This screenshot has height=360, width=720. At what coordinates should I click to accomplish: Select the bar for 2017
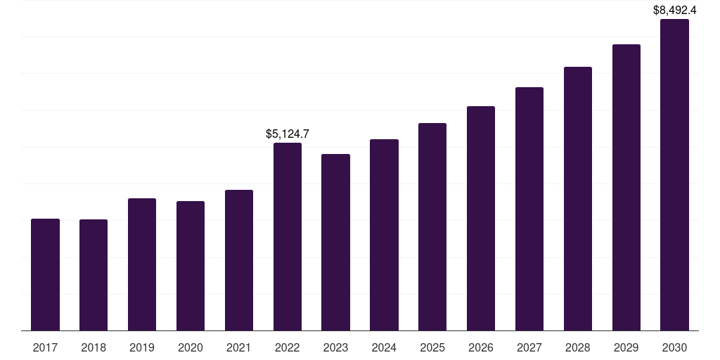(45, 275)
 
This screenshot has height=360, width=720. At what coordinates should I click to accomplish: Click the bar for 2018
(94, 275)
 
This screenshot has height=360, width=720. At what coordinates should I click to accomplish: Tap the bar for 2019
(142, 264)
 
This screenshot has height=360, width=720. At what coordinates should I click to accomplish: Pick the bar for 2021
(239, 260)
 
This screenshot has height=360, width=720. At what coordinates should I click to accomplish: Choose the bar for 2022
(288, 237)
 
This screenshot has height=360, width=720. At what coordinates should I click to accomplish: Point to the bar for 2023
(335, 243)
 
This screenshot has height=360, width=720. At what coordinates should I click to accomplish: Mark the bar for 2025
(432, 227)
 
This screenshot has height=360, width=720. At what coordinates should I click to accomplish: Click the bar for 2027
(529, 209)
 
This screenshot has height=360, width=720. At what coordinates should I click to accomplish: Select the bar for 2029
(626, 187)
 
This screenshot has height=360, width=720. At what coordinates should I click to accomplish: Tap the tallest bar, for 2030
(674, 175)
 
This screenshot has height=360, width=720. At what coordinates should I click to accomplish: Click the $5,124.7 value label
(288, 134)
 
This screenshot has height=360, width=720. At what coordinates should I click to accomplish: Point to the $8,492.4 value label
(674, 10)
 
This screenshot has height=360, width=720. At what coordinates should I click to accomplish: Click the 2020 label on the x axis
(190, 348)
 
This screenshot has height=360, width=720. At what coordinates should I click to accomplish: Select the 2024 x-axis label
(384, 348)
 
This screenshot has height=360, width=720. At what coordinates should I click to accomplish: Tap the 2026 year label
(481, 348)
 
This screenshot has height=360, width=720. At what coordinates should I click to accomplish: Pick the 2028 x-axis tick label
(578, 348)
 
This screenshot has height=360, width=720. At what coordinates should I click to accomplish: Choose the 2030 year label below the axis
(674, 348)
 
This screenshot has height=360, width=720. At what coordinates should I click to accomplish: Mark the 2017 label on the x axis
(45, 348)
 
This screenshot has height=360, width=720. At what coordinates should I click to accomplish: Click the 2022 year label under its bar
(288, 348)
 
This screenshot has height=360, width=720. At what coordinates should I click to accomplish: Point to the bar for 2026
(481, 219)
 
